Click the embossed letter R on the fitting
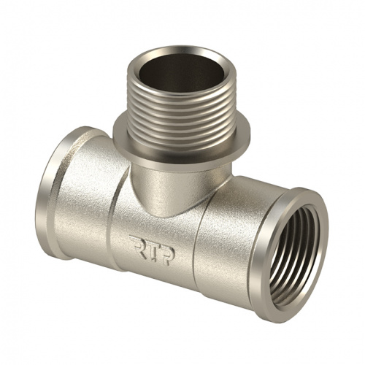(137, 245)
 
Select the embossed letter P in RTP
(167, 255)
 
